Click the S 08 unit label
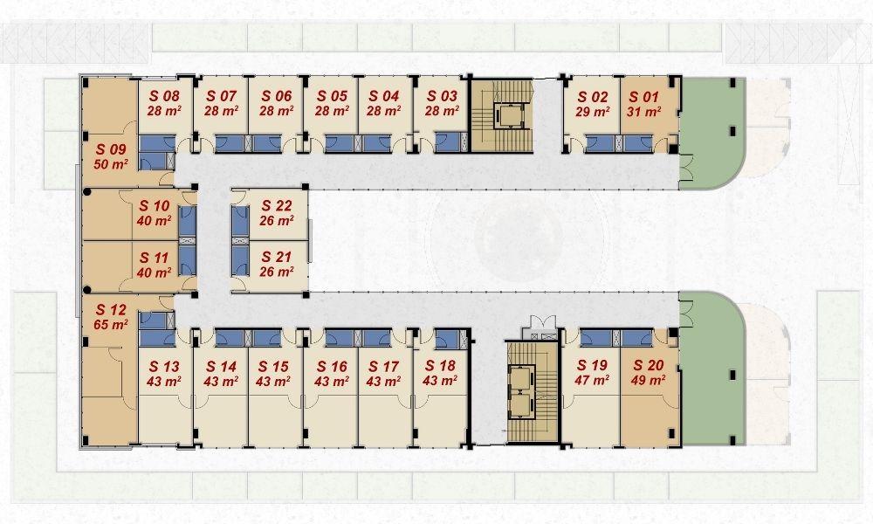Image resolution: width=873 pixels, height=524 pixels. click(164, 96)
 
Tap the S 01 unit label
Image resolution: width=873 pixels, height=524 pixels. click(643, 97)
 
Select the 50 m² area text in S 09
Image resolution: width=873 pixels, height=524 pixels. click(111, 164)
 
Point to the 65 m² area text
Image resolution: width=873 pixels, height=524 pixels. click(111, 325)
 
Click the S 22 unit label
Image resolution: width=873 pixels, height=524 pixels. click(277, 205)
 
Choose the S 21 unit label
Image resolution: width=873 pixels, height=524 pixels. click(277, 257)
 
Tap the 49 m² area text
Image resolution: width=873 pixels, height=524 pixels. click(648, 380)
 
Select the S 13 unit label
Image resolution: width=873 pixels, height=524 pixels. click(164, 367)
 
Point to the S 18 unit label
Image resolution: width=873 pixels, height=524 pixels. click(440, 366)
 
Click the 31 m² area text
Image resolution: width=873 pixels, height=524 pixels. click(643, 112)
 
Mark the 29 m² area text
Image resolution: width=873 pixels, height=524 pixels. click(592, 112)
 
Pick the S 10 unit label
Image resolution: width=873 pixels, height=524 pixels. click(155, 206)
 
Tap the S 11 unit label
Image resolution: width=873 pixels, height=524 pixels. click(154, 258)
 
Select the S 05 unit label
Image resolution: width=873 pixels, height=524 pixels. click(332, 96)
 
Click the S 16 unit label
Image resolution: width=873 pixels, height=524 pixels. click(332, 367)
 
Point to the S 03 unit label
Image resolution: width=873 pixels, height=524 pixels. click(442, 96)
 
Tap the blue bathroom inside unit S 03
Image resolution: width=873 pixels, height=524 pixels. click(448, 142)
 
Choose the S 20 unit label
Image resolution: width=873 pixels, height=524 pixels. click(649, 365)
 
